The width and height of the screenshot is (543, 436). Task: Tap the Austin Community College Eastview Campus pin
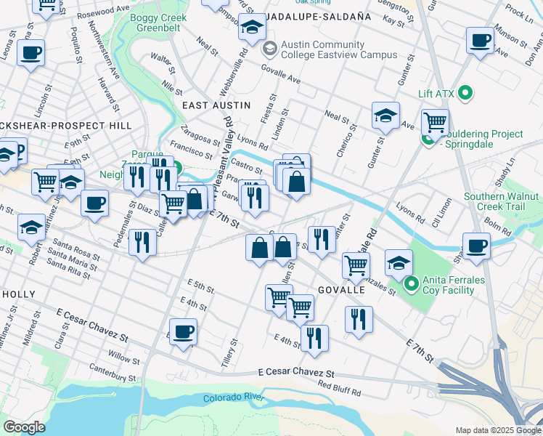(270, 49)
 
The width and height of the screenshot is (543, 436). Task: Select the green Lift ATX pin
(467, 93)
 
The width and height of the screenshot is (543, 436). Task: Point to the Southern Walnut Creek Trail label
(501, 202)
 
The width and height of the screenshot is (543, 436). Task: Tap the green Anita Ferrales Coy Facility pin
(411, 284)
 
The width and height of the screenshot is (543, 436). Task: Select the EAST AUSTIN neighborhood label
(216, 105)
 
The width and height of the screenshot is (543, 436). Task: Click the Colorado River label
(232, 398)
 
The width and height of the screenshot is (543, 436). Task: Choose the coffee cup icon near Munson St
(480, 41)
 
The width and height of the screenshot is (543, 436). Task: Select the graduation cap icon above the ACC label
(252, 27)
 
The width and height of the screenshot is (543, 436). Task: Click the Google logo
(24, 427)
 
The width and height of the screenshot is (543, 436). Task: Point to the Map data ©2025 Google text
(497, 430)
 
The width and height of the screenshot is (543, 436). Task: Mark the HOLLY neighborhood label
(19, 294)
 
